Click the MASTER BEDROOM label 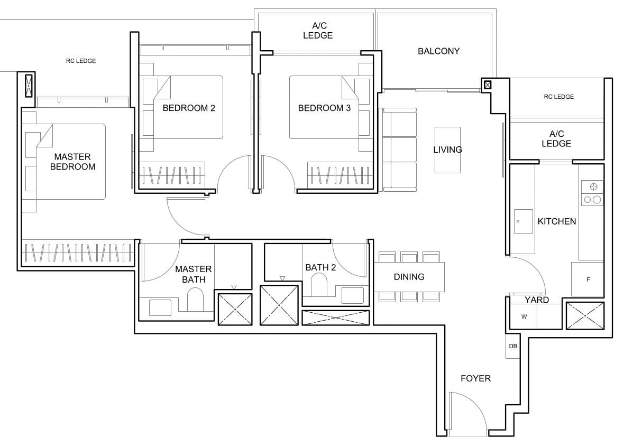[x=72, y=162]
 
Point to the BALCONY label [x=438, y=51]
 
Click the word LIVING [x=447, y=150]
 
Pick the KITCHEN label [x=556, y=221]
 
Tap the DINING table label [x=409, y=277]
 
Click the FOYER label [x=475, y=378]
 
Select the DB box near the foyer [x=512, y=347]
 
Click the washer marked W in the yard [x=524, y=317]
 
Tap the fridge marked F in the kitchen [x=588, y=279]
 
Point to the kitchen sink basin [x=524, y=221]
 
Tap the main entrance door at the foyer [x=467, y=415]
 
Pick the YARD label [x=536, y=300]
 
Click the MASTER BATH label [x=193, y=274]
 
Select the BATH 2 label [x=320, y=267]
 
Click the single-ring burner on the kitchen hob [x=593, y=186]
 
